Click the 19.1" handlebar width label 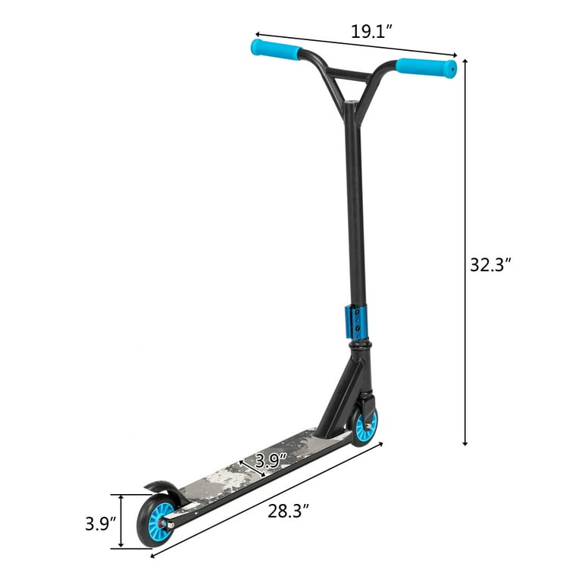tap(371, 32)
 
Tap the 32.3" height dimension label tap(491, 264)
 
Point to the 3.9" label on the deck tap(270, 459)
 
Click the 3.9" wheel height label tap(99, 524)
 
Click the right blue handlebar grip tap(426, 67)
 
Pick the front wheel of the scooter tap(365, 426)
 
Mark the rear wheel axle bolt tap(171, 524)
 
